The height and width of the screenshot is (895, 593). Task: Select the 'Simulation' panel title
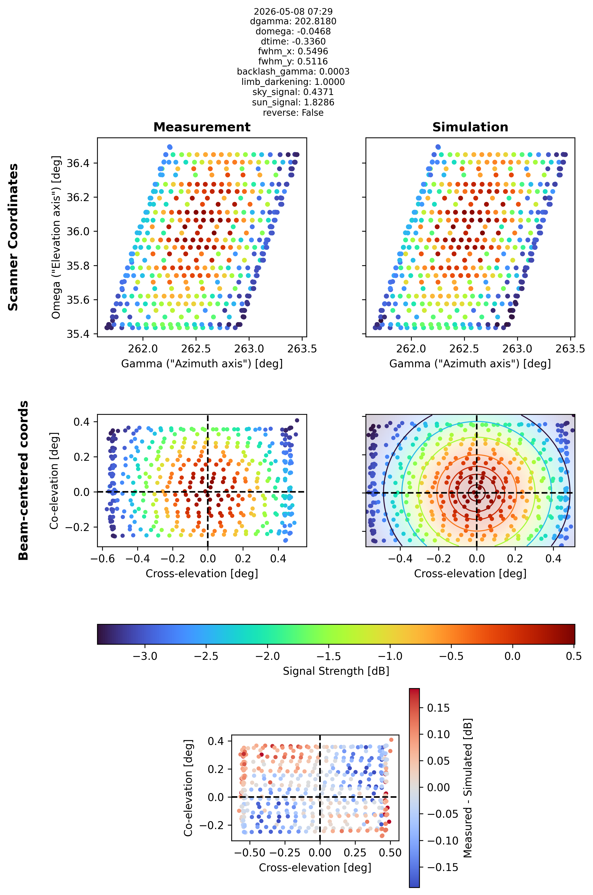(x=470, y=127)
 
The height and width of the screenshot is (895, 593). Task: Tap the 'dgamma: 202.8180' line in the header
(x=293, y=21)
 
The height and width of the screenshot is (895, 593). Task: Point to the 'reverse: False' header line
(x=293, y=113)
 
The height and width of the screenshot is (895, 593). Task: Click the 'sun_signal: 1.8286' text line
(x=293, y=102)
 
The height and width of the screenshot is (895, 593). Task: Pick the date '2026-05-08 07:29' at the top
(x=293, y=11)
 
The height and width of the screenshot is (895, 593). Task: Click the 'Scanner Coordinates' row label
(x=13, y=237)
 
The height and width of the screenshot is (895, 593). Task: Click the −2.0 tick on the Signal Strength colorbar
(x=267, y=656)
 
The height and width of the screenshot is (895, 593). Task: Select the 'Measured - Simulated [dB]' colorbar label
(x=468, y=788)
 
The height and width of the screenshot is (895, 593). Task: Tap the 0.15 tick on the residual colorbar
(x=438, y=708)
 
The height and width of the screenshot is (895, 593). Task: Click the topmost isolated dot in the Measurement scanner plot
(x=170, y=147)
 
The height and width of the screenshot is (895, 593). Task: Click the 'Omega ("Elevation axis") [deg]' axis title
(x=56, y=237)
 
